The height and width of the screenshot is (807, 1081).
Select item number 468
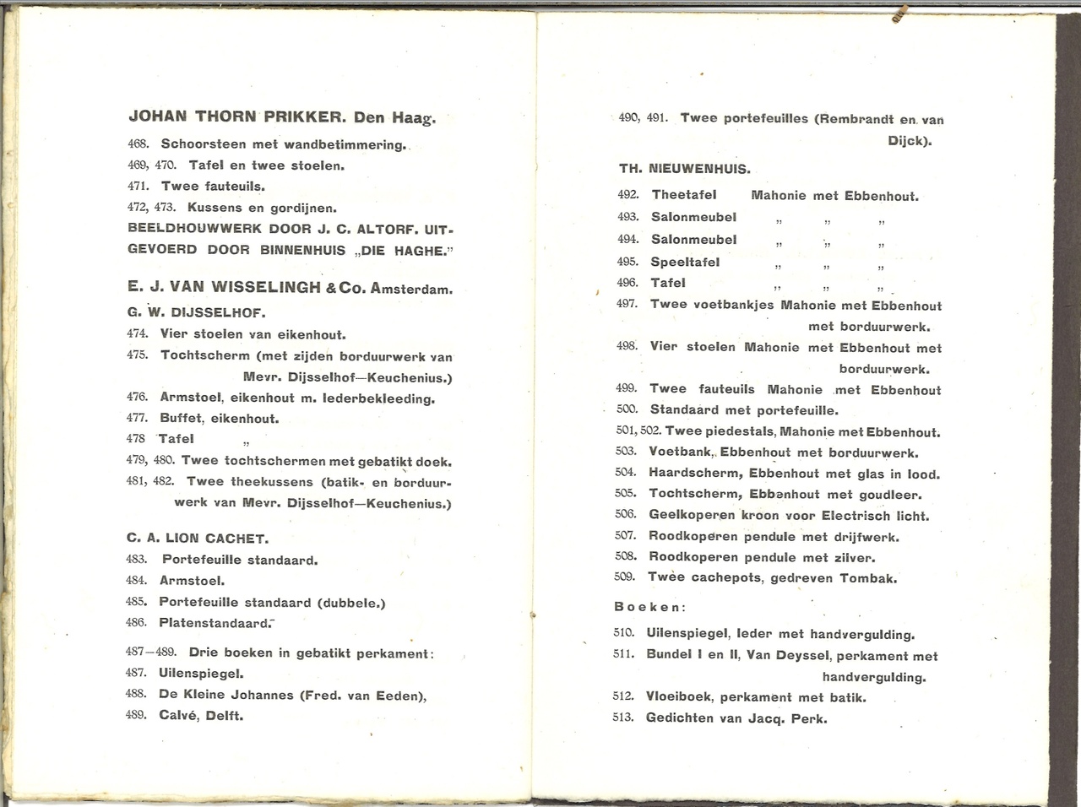click(x=138, y=144)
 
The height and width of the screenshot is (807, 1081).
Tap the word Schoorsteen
click(x=203, y=144)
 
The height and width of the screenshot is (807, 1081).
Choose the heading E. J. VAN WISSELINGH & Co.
click(x=247, y=287)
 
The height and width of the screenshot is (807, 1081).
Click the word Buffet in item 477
click(x=181, y=418)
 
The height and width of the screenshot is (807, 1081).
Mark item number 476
click(x=137, y=397)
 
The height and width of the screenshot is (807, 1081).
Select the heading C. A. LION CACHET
click(x=198, y=539)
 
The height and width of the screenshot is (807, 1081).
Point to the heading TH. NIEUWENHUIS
click(x=684, y=169)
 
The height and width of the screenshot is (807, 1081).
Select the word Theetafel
click(x=684, y=195)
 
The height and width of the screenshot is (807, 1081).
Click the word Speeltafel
click(x=685, y=262)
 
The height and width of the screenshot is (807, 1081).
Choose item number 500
click(x=627, y=409)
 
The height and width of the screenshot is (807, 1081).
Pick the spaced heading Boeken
click(x=649, y=607)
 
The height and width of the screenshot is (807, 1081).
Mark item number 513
click(x=622, y=718)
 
